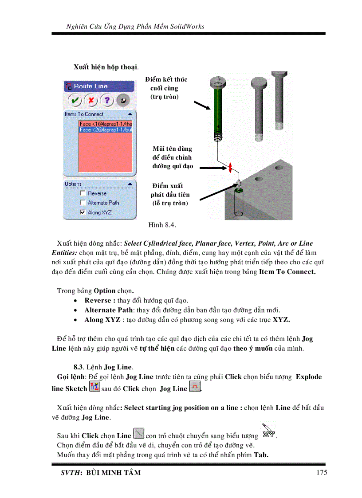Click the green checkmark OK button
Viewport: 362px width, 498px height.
pos(75,101)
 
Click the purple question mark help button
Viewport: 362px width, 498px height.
pos(107,101)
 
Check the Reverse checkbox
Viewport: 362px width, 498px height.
pos(83,193)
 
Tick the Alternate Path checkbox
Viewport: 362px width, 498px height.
pos(83,203)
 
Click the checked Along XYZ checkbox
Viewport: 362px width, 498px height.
pos(83,212)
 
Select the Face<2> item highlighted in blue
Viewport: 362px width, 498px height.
pos(106,130)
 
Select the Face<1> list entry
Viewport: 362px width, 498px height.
pos(106,124)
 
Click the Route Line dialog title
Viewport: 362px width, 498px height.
pos(90,86)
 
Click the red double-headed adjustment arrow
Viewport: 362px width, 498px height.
pos(230,168)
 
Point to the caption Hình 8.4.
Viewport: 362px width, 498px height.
pos(162,225)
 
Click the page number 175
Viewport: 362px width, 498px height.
pos(322,472)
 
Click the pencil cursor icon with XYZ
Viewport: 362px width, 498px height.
pos(268,431)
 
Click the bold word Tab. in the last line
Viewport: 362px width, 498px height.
pos(261,455)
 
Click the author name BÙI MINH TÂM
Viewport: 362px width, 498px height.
pos(113,473)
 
